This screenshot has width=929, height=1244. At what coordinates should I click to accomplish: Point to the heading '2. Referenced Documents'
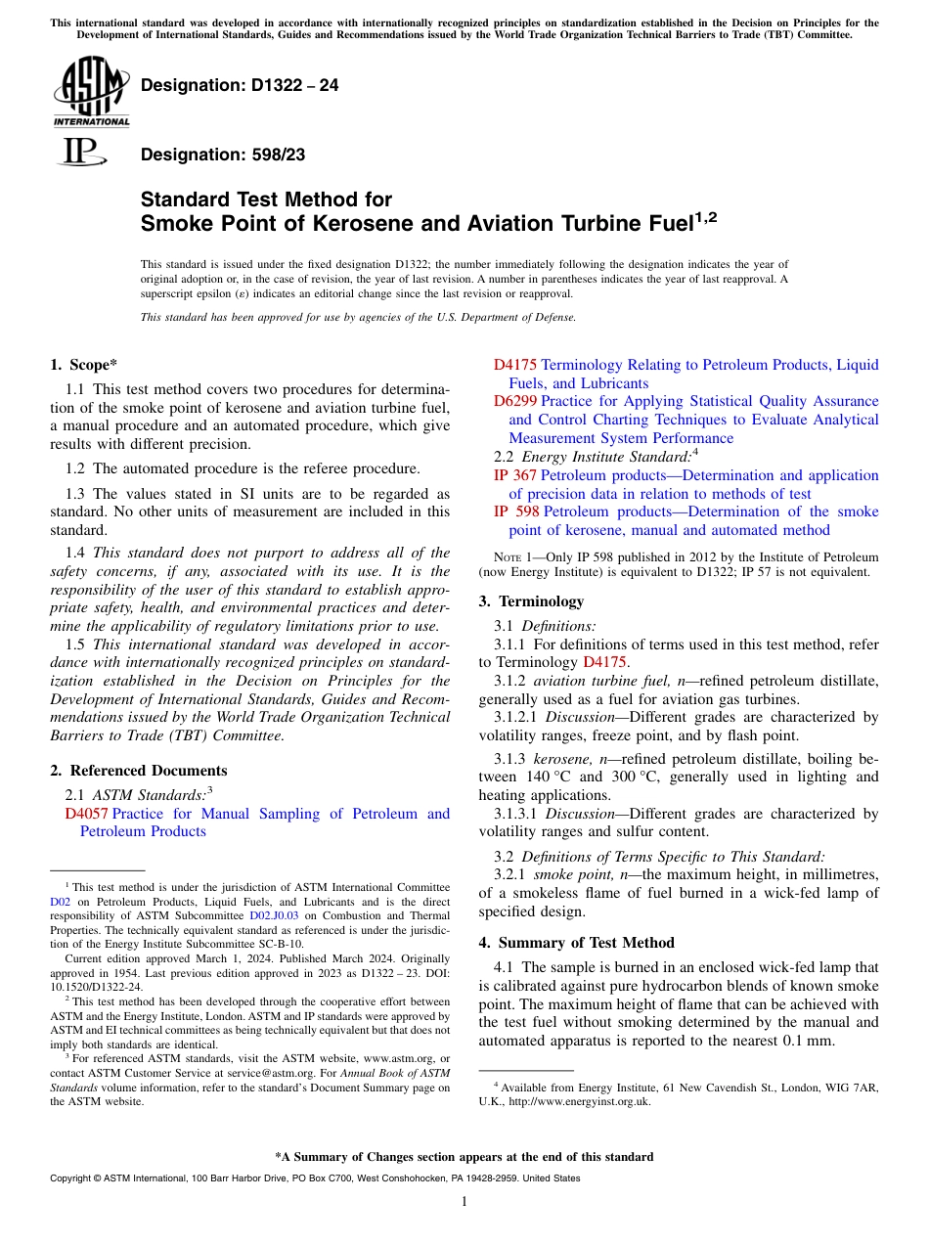(138, 771)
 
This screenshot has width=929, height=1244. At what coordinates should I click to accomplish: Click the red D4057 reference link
(86, 814)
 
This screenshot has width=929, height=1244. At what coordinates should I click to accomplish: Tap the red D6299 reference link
(514, 401)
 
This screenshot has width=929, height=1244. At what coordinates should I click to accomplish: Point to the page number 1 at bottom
(464, 1202)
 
